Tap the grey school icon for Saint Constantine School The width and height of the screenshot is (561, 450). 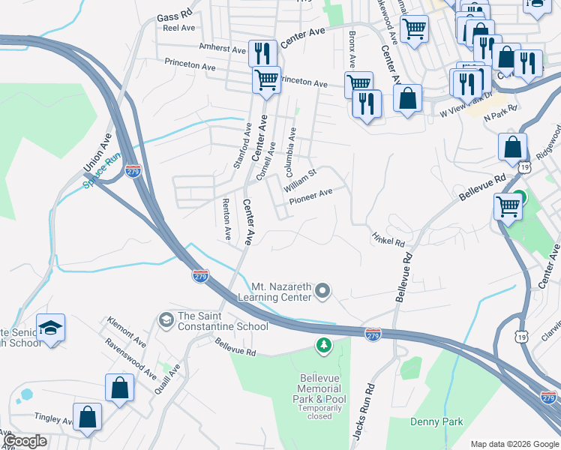click(166, 320)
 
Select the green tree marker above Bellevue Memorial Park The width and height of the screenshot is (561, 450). click(323, 345)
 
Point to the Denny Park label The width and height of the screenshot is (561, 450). click(436, 421)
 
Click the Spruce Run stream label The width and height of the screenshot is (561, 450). click(102, 171)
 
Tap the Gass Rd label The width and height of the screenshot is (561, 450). click(175, 14)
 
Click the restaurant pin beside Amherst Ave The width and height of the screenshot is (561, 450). click(262, 53)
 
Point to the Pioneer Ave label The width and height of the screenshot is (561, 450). click(310, 193)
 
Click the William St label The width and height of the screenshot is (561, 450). click(300, 179)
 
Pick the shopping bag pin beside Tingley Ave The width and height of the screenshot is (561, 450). click(87, 417)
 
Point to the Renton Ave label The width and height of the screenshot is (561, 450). click(226, 219)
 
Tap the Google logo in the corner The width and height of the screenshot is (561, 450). click(25, 441)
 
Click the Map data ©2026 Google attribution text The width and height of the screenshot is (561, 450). click(514, 444)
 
